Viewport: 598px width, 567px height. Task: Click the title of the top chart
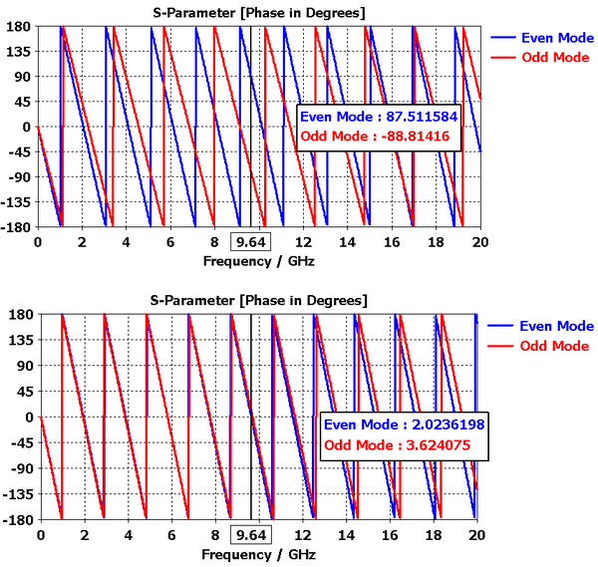pos(257,11)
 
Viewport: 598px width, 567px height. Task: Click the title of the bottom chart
pos(259,300)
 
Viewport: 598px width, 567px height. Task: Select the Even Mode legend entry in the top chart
pos(542,38)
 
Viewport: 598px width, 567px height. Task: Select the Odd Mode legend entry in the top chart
pos(542,58)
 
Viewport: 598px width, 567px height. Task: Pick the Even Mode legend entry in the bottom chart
pos(542,326)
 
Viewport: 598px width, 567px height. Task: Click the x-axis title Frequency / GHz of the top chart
pos(257,261)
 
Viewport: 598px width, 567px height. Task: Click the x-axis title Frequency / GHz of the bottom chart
pos(258,554)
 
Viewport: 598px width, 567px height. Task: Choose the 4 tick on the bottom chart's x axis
pos(128,534)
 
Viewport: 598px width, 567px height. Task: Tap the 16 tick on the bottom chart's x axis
pos(390,534)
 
